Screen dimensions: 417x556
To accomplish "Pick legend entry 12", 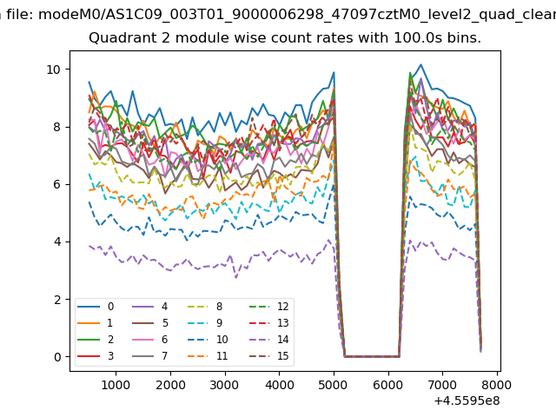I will pos(258,307).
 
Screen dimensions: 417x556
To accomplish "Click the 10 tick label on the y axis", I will pos(53,69).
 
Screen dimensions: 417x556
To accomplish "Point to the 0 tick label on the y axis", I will pos(56,357).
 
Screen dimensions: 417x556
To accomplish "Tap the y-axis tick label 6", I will pos(56,184).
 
